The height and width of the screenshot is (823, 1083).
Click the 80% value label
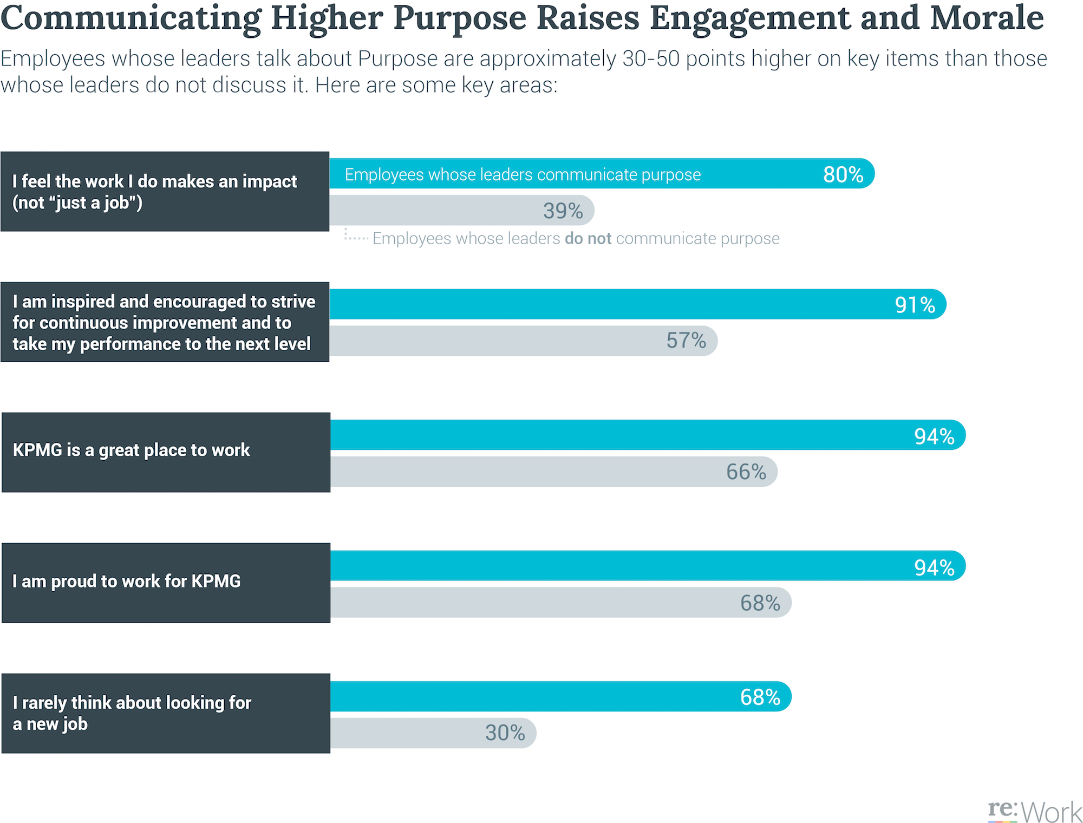[843, 174]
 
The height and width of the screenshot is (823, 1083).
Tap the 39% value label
[563, 211]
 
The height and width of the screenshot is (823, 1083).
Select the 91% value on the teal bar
[915, 305]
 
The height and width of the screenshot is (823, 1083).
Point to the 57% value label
[686, 341]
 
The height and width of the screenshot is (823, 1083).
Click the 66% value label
[746, 472]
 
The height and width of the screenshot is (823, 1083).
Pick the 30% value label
[505, 733]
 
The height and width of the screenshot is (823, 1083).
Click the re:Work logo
[1034, 811]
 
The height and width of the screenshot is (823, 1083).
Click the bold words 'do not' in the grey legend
[588, 239]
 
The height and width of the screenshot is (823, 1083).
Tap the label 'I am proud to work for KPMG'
[127, 582]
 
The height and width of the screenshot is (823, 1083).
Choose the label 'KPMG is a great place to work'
[131, 450]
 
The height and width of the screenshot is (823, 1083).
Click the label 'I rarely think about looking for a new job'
[132, 713]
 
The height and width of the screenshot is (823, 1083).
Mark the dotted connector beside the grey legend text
[355, 236]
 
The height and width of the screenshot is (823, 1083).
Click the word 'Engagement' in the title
[750, 18]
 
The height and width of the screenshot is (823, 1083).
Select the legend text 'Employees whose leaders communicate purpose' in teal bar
[523, 175]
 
